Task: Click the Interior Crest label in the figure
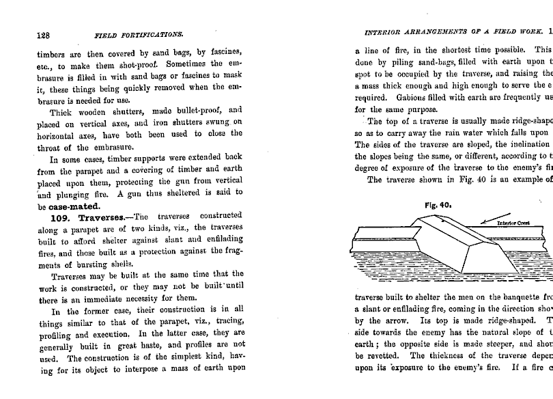515,223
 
